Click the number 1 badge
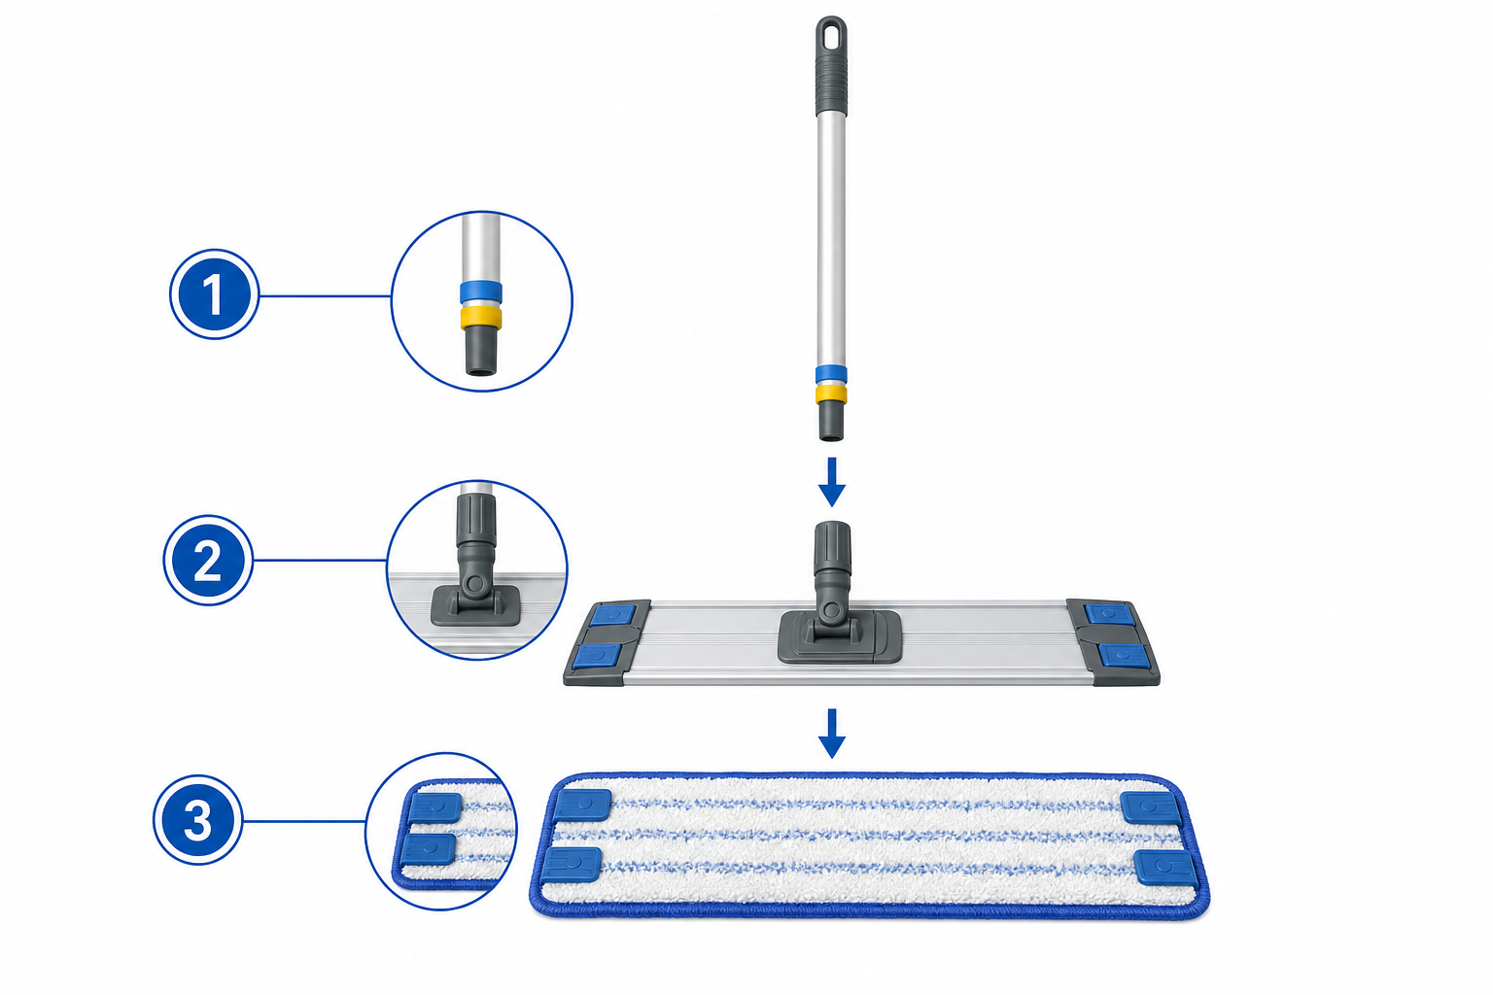point(213,294)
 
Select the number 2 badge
point(208,560)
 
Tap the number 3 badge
point(198,820)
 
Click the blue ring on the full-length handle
point(831,374)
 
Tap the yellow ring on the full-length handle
point(831,394)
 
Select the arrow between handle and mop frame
point(832,482)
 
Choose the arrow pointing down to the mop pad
point(832,733)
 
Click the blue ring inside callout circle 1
point(480,292)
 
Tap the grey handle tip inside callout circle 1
point(481,351)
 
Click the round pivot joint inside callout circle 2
point(476,585)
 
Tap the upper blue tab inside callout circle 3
point(435,807)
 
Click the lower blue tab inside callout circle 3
point(429,849)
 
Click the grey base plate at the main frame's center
point(840,637)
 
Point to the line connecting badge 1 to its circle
point(326,296)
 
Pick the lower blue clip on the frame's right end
point(1125,656)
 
